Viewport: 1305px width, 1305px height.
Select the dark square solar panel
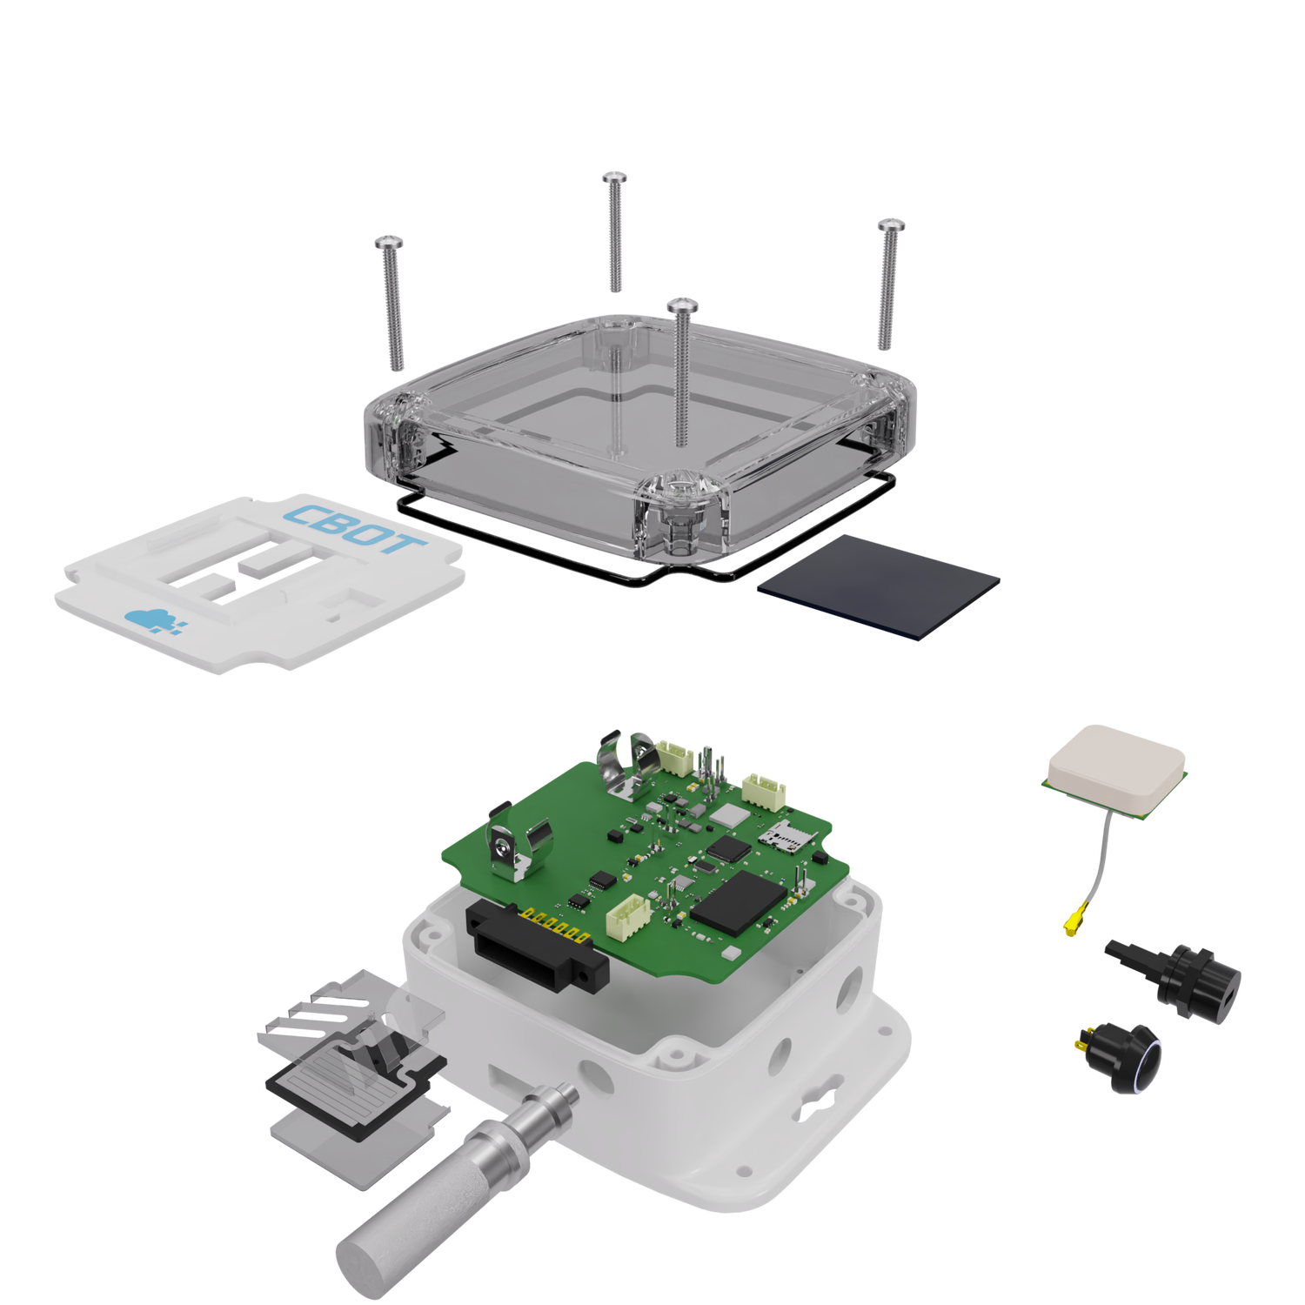pyautogui.click(x=879, y=587)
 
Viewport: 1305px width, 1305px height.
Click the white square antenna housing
pyautogui.click(x=1117, y=768)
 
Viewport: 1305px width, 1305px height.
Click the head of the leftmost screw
pyautogui.click(x=389, y=242)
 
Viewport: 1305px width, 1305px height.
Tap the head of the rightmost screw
pyautogui.click(x=892, y=225)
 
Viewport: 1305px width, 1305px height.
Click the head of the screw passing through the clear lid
pyautogui.click(x=683, y=305)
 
